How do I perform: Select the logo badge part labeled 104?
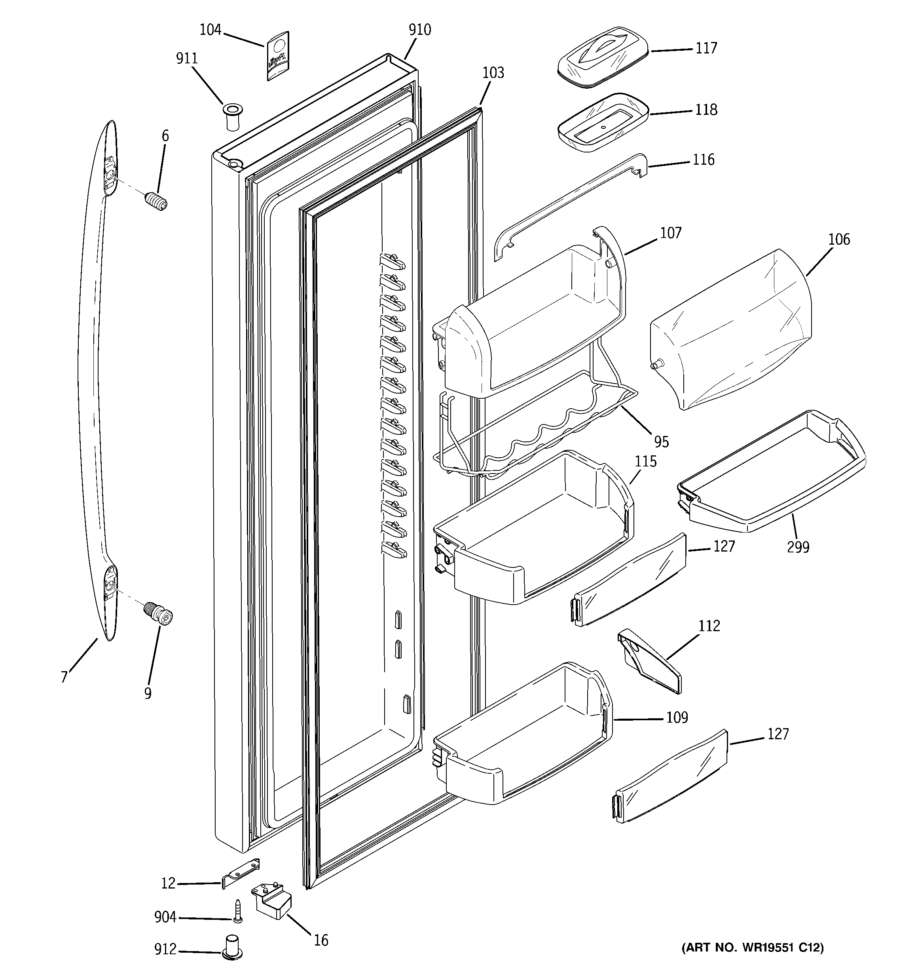277,56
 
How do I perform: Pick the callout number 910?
419,30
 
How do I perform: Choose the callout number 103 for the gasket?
493,73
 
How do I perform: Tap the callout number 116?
703,160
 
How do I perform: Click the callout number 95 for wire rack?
661,441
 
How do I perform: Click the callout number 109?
677,717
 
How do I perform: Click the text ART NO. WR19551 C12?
752,947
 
